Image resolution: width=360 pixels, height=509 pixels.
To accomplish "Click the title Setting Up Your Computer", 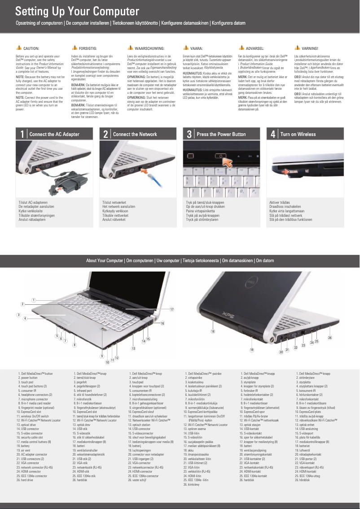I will tap(77, 12).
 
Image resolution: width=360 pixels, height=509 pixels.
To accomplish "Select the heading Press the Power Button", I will tap(221, 134).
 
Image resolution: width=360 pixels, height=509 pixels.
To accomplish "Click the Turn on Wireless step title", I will tap(298, 134).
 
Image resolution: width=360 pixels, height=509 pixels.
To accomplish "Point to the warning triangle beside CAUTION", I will tap(18, 48).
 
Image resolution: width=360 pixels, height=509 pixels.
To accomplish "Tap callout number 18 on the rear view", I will tap(213, 332).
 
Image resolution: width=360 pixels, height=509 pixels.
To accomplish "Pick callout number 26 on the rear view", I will tap(330, 337).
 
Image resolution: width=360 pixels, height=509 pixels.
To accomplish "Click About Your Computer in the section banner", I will tap(105, 260).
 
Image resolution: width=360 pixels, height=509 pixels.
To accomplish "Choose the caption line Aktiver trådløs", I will tap(280, 202).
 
